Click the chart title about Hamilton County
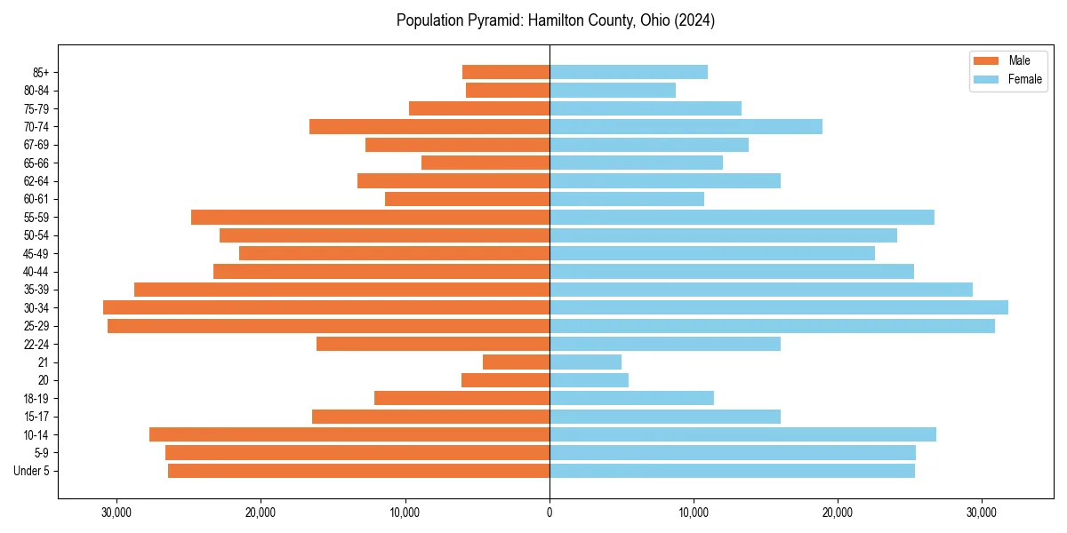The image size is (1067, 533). click(555, 20)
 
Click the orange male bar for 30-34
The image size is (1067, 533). click(326, 307)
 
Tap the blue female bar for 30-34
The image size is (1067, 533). click(779, 307)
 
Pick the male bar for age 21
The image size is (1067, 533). click(516, 362)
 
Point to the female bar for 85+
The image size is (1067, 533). click(629, 72)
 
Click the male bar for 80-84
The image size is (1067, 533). click(508, 90)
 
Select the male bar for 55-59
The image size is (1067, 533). click(370, 217)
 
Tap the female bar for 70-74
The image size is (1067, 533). click(686, 126)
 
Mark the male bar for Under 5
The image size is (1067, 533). click(358, 471)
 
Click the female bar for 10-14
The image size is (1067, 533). click(742, 434)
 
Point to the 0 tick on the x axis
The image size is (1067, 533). click(550, 513)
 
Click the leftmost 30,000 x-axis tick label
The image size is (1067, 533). click(116, 513)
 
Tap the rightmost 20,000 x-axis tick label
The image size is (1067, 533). click(838, 513)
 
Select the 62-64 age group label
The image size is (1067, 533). click(36, 181)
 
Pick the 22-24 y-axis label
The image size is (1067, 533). click(36, 344)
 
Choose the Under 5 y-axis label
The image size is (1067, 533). click(32, 471)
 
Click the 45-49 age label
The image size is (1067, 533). click(36, 253)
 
